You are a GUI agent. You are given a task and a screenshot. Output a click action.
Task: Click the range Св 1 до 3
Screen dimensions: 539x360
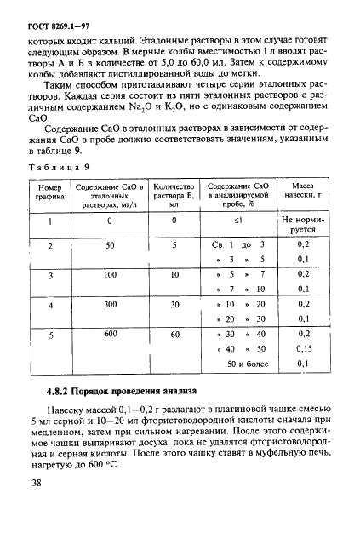click(239, 244)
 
